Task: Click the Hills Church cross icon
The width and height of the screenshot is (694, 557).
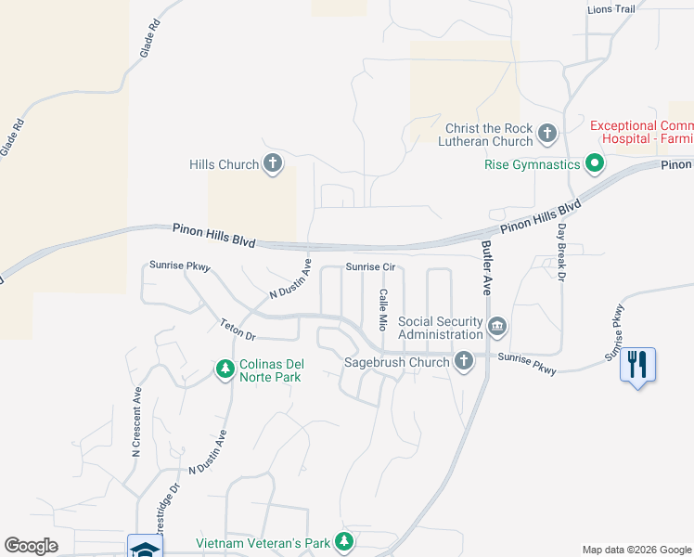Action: pyautogui.click(x=272, y=164)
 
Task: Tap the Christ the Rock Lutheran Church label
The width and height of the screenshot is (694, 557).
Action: pyautogui.click(x=488, y=135)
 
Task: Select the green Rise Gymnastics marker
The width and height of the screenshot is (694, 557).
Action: pyautogui.click(x=594, y=165)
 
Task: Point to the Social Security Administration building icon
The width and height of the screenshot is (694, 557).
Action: pyautogui.click(x=497, y=328)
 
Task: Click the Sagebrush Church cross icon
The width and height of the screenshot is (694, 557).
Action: pyautogui.click(x=464, y=361)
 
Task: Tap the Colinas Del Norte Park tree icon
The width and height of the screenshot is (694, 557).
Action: pyautogui.click(x=225, y=370)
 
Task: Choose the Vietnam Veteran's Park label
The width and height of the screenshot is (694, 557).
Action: pyautogui.click(x=263, y=542)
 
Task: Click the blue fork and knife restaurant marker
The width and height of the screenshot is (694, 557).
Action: pyautogui.click(x=636, y=364)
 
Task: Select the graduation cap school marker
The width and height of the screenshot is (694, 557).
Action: pyautogui.click(x=146, y=548)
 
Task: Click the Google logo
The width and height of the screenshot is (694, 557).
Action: pyautogui.click(x=32, y=546)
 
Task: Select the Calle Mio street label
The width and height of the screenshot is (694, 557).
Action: pyautogui.click(x=381, y=310)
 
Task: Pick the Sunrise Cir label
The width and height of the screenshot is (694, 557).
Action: pyautogui.click(x=371, y=266)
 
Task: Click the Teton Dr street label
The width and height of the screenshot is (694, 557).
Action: pyautogui.click(x=237, y=326)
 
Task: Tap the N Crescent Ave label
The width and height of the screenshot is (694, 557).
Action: pyautogui.click(x=135, y=421)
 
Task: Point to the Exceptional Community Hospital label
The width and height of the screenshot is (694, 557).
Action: pyautogui.click(x=641, y=132)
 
